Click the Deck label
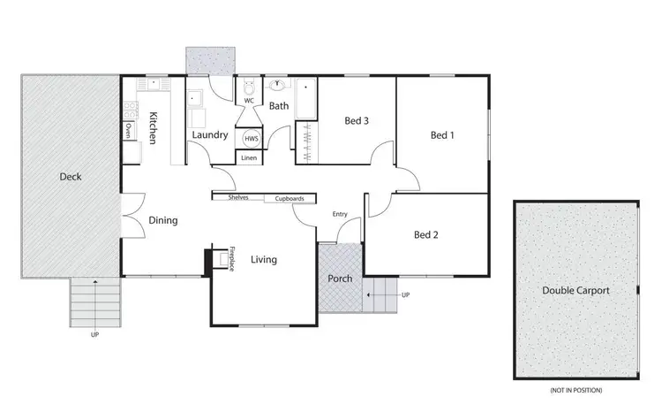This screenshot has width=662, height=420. pyautogui.click(x=71, y=177)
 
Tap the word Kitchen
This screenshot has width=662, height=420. pyautogui.click(x=154, y=128)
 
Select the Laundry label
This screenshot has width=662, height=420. pyautogui.click(x=210, y=135)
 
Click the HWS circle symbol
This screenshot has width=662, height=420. pyautogui.click(x=251, y=139)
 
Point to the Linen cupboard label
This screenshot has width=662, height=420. pyautogui.click(x=249, y=157)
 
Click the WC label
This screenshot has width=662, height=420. pyautogui.click(x=250, y=100)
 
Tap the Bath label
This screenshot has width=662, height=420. pyautogui.click(x=279, y=106)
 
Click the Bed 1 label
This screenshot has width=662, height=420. pyautogui.click(x=442, y=135)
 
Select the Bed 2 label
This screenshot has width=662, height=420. pyautogui.click(x=427, y=235)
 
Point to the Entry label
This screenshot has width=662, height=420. pyautogui.click(x=340, y=214)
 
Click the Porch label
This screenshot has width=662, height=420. pyautogui.click(x=340, y=279)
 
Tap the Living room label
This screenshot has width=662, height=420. pyautogui.click(x=264, y=260)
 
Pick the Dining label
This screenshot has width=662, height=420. pyautogui.click(x=163, y=221)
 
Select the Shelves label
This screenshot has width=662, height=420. pyautogui.click(x=238, y=198)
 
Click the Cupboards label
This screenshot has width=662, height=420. pyautogui.click(x=290, y=199)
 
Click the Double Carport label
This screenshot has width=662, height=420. pyautogui.click(x=576, y=290)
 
